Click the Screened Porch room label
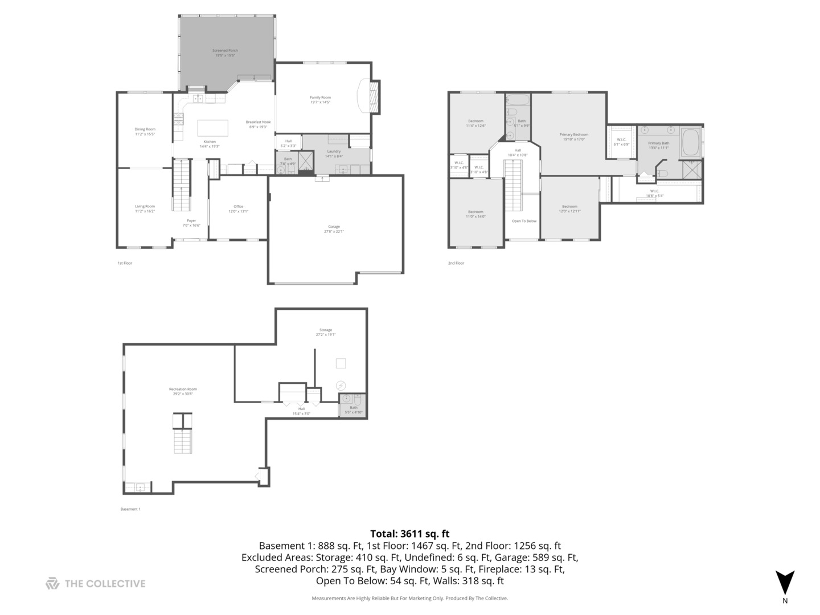click(225, 53)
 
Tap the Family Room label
click(320, 100)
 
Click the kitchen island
click(212, 128)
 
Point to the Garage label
click(334, 229)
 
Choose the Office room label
click(238, 208)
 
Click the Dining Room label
click(145, 132)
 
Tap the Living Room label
click(145, 208)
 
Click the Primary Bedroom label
click(573, 137)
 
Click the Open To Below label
click(524, 221)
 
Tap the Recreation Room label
click(183, 391)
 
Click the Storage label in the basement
click(325, 332)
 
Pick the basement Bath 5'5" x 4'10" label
click(354, 409)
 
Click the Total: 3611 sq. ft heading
click(409, 534)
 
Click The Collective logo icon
click(52, 583)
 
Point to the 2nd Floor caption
click(456, 263)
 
